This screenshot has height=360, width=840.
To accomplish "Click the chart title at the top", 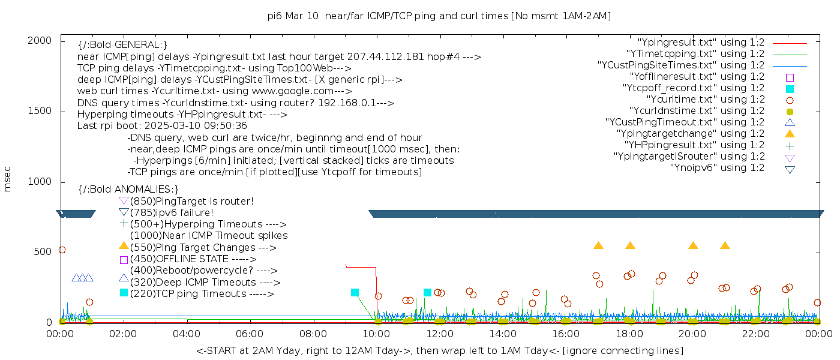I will [x=439, y=16].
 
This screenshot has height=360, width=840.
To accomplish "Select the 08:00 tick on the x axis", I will [x=313, y=333].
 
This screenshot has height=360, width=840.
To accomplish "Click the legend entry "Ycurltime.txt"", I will [x=706, y=99].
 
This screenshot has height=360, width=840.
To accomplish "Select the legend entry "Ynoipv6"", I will [x=717, y=167].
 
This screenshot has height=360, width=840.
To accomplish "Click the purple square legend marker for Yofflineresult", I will [x=790, y=77].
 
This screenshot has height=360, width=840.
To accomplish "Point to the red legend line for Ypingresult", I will [x=790, y=43].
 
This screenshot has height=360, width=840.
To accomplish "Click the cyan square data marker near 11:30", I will [x=427, y=293].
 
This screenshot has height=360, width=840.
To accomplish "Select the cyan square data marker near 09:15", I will [x=355, y=293].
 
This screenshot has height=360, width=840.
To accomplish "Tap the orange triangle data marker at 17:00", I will [x=598, y=245].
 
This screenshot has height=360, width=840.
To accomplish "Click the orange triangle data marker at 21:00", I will [x=725, y=245].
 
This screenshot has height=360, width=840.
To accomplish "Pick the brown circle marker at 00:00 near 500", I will [x=62, y=250].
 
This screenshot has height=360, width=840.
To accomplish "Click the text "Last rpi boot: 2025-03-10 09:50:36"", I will [x=162, y=126].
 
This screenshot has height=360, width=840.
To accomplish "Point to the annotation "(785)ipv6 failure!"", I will [x=172, y=212].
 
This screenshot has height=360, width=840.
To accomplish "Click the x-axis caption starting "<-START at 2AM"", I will [x=439, y=350].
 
